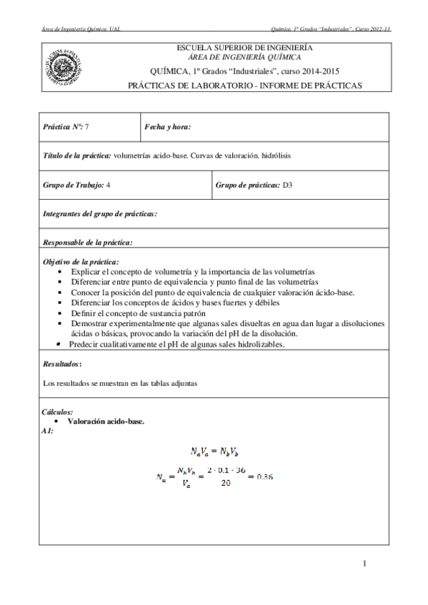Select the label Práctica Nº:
(63, 126)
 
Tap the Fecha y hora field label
(167, 126)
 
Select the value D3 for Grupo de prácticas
(288, 185)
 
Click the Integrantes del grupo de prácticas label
(100, 213)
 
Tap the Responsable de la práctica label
(88, 242)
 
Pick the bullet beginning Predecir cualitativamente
(176, 344)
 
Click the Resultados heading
(62, 363)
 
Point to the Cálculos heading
(58, 412)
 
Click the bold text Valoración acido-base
(106, 421)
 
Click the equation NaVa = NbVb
(214, 450)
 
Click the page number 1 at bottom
(364, 565)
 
